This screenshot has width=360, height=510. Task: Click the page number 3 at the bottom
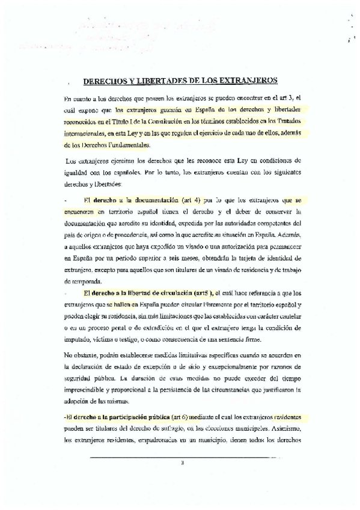point(182,463)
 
